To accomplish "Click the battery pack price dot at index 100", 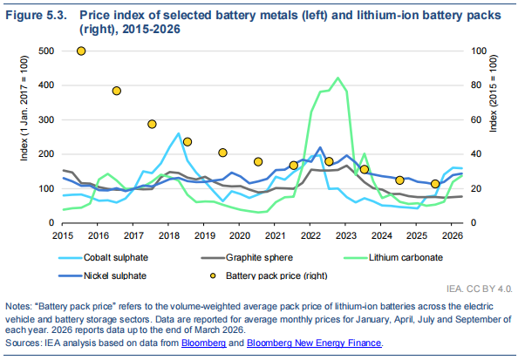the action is (81, 51).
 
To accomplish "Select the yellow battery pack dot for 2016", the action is (117, 91).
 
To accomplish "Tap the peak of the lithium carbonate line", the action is (337, 78).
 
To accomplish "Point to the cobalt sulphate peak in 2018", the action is (178, 133).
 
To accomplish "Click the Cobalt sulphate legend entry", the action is (103, 258).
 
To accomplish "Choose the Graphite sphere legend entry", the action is (247, 258).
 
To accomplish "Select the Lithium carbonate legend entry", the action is (393, 258).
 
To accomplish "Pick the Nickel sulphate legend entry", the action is (102, 275).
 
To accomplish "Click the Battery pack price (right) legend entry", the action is (269, 275).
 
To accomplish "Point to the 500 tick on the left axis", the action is (46, 51).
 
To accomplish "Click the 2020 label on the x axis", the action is (240, 235).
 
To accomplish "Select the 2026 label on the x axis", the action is (453, 235).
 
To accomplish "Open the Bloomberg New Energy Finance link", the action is (314, 343).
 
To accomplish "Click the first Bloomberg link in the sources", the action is (203, 343).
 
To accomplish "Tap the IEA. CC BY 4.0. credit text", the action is (479, 289).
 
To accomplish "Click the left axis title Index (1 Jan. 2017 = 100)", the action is (24, 108).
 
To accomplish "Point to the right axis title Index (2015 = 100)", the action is (494, 93).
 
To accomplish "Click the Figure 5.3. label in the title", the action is (37, 16).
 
